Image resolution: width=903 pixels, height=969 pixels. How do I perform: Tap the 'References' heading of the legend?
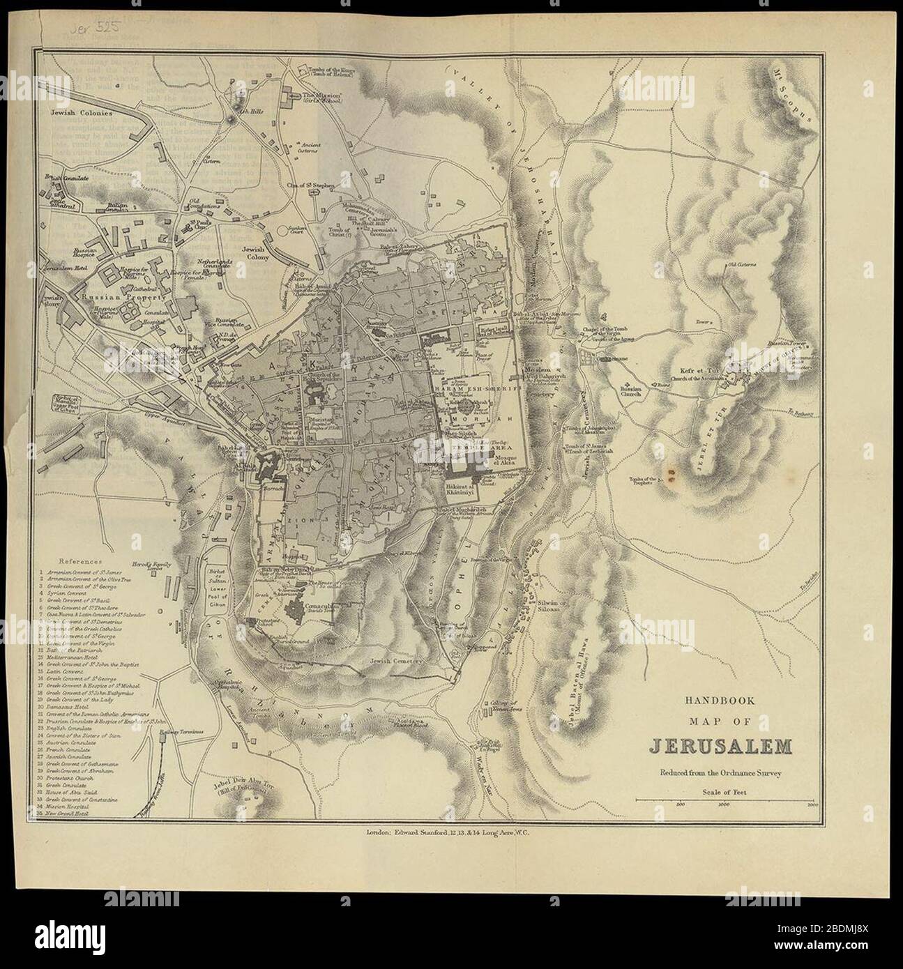tap(81, 560)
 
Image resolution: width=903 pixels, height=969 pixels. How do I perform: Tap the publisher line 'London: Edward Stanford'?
tap(452, 832)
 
